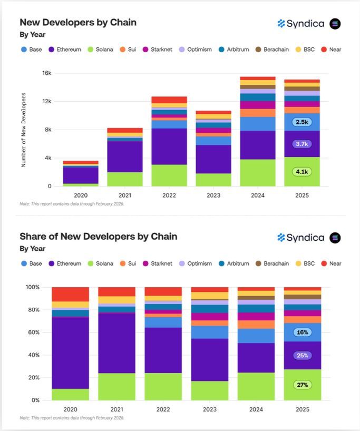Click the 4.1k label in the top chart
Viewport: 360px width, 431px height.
point(301,171)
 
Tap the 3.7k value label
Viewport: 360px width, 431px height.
point(301,144)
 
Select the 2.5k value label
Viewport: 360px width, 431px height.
point(301,122)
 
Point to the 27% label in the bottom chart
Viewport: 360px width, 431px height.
point(301,385)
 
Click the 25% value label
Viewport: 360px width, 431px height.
point(301,356)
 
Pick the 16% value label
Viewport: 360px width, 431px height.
point(301,332)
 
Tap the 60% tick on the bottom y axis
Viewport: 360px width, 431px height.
point(33,332)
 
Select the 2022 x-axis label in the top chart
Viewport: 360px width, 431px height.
point(169,195)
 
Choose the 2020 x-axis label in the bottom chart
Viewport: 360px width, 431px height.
point(70,409)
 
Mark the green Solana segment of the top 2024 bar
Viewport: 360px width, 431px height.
point(257,173)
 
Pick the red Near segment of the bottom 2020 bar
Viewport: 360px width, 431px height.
point(70,294)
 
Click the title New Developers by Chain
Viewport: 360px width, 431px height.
point(78,22)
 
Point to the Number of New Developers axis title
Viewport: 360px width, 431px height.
point(23,130)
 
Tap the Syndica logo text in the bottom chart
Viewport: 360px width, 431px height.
point(305,238)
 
